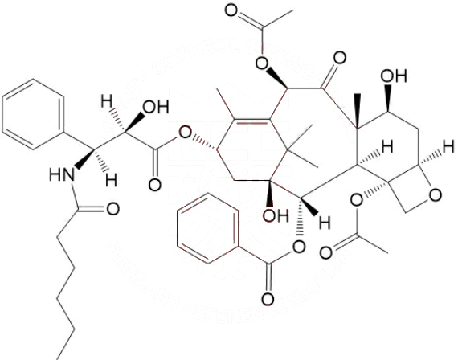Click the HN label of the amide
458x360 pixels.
click(x=62, y=175)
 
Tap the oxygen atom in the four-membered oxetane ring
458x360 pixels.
click(x=436, y=195)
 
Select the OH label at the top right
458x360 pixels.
click(x=394, y=76)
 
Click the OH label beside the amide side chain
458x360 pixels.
click(x=155, y=107)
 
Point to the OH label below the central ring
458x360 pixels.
click(x=276, y=215)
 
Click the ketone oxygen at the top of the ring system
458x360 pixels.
click(x=339, y=58)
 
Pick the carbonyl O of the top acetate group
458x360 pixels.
click(x=231, y=10)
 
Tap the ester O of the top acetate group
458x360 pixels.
click(x=262, y=62)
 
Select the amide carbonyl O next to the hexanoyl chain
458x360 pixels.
click(x=112, y=209)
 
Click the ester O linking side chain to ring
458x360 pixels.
click(x=185, y=133)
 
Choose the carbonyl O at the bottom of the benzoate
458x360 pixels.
click(x=268, y=300)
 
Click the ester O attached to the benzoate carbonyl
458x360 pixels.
click(x=299, y=247)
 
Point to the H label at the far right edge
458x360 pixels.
click(x=448, y=145)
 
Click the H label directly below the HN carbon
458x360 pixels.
click(x=112, y=180)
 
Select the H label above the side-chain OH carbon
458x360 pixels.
click(x=106, y=102)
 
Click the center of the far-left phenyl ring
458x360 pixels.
click(x=33, y=115)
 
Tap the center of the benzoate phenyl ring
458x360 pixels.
click(x=208, y=228)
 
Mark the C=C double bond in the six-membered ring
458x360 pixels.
click(x=251, y=121)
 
